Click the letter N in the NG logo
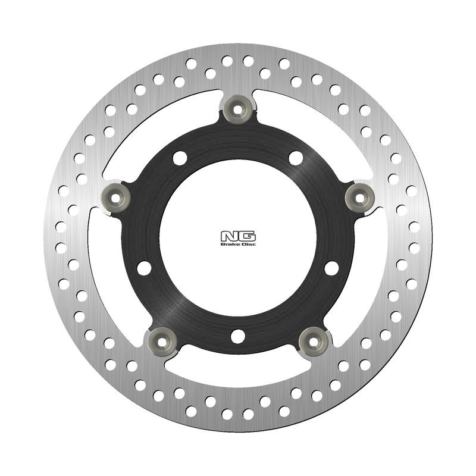[x=231, y=235]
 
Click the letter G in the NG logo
[x=245, y=235]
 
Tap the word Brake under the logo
[x=229, y=244]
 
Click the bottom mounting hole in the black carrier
[x=238, y=336]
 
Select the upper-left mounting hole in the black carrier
[x=180, y=158]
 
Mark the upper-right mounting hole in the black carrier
[x=296, y=158]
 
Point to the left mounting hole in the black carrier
[x=144, y=268]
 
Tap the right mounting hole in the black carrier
[x=331, y=268]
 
